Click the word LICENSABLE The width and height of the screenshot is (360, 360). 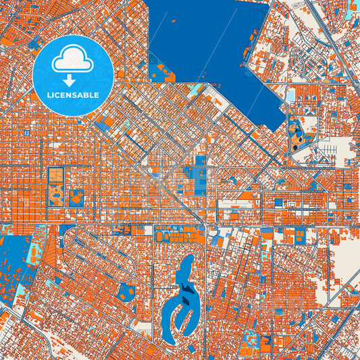[73, 95]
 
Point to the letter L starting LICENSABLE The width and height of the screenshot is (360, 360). [49, 95]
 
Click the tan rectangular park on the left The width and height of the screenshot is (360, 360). [55, 185]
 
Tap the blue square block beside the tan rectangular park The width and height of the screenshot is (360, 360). [77, 198]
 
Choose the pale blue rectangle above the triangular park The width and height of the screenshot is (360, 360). [291, 96]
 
